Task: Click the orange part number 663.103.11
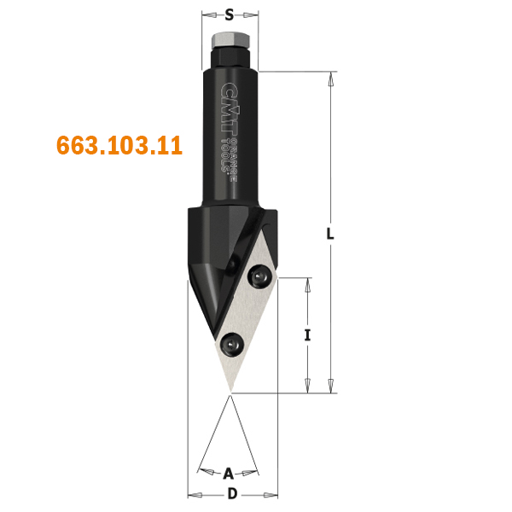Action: point(119,145)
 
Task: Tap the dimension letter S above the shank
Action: point(230,15)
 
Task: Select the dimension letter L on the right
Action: point(330,234)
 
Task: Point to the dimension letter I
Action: point(307,335)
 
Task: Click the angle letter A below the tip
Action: point(229,474)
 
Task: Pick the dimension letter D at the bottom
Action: point(232,494)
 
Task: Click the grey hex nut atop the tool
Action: point(231,40)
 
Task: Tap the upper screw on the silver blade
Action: point(260,276)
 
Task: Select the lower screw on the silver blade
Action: point(232,345)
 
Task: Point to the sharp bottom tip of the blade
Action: point(230,393)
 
